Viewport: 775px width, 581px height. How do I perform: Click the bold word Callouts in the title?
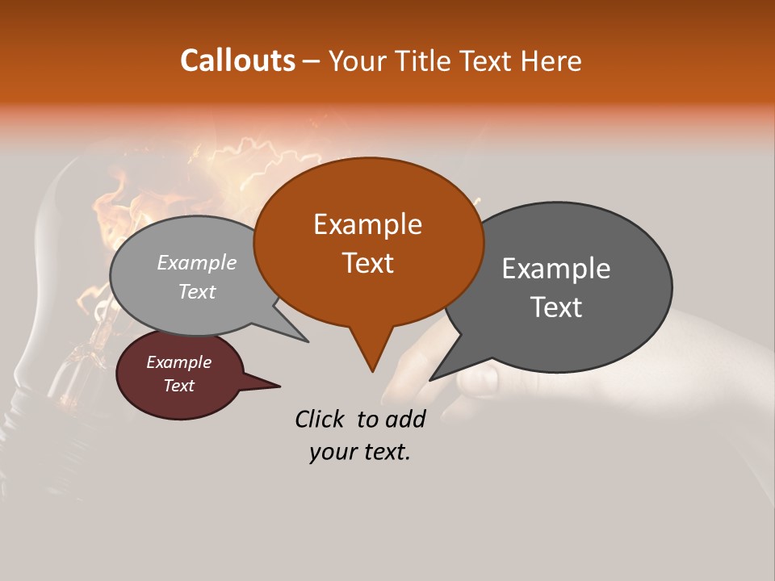[237, 61]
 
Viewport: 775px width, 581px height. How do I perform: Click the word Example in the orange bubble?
[367, 224]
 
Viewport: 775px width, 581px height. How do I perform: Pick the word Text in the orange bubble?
[367, 262]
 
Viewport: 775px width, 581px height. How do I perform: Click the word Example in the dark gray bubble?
[556, 269]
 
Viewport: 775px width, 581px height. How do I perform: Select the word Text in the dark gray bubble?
[556, 307]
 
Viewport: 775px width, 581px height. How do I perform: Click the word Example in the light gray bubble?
[197, 262]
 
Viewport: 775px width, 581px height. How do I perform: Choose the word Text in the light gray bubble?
[197, 291]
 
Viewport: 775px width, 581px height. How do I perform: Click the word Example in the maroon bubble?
[179, 362]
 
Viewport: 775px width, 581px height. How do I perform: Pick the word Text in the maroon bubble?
[179, 386]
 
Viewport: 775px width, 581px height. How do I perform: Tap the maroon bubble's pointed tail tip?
[279, 387]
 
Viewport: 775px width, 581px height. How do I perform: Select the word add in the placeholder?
[406, 419]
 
